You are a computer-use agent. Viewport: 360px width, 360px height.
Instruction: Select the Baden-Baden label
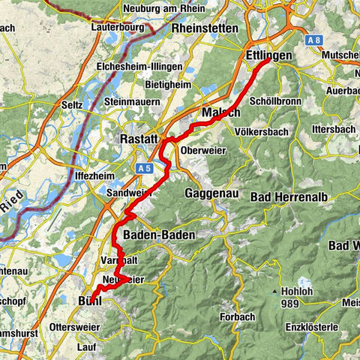click(158, 235)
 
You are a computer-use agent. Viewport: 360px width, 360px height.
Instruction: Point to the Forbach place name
click(238, 318)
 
